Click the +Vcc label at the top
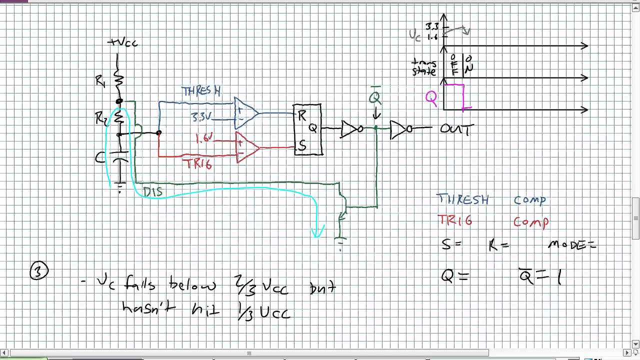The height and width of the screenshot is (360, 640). click(122, 43)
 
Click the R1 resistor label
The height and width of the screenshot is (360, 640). click(100, 81)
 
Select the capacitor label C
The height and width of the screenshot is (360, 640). click(100, 158)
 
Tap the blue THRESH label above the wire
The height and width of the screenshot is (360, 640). click(201, 91)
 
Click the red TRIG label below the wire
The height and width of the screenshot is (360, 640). click(198, 164)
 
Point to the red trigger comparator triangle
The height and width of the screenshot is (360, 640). click(247, 147)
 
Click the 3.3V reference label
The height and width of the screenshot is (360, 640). click(202, 117)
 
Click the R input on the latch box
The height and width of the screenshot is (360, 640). click(302, 116)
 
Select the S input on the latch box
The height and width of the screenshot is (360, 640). click(302, 146)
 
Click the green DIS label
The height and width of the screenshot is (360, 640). click(152, 192)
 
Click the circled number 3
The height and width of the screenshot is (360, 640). click(39, 271)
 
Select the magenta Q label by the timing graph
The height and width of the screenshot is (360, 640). click(431, 98)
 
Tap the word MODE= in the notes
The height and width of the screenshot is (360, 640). click(572, 245)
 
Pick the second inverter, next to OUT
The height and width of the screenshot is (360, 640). click(400, 128)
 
